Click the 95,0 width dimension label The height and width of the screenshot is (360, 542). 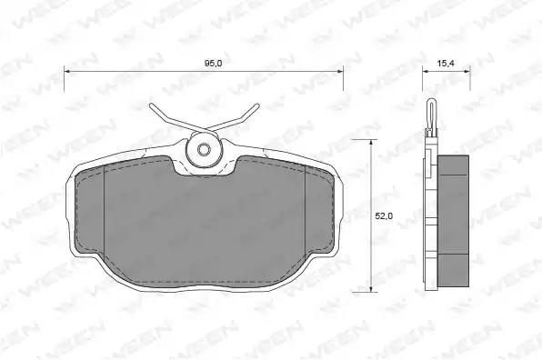[213, 64]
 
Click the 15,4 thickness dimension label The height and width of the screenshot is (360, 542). [446, 64]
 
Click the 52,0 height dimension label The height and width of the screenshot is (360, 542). [384, 216]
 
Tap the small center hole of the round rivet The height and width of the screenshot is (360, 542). [204, 150]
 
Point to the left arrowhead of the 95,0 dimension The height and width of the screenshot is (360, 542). [67, 72]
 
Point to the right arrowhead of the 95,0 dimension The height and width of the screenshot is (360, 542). [340, 72]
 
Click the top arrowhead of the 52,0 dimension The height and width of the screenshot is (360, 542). [371, 143]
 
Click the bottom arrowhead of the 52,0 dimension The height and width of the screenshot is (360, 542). [371, 288]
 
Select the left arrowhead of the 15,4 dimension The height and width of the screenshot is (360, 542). [426, 72]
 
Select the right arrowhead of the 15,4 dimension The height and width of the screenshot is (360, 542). [467, 72]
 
